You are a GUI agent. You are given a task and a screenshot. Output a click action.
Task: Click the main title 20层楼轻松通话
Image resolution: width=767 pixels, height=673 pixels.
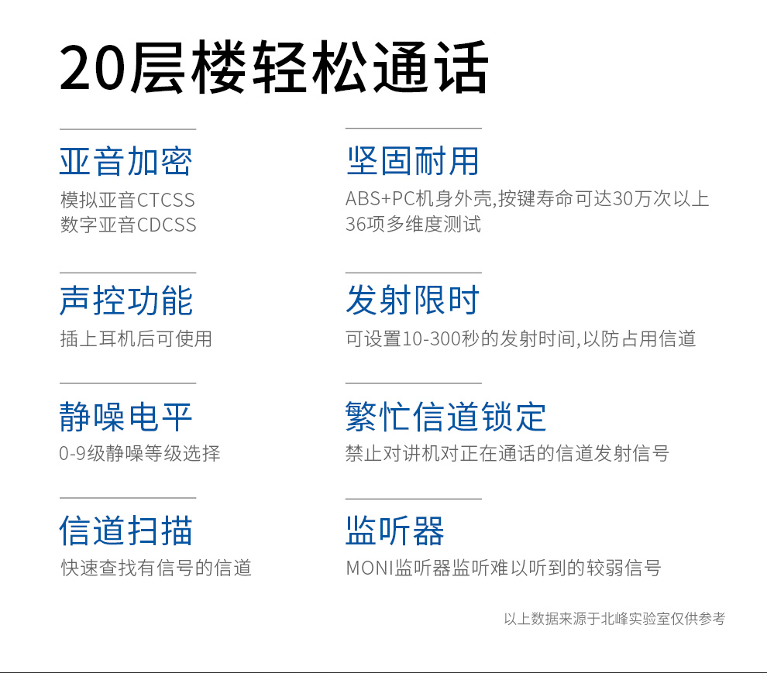tap(274, 67)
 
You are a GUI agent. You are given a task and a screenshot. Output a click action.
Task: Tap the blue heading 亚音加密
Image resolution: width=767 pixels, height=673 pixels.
tap(126, 161)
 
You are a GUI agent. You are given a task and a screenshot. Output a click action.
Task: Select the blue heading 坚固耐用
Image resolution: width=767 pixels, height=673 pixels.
tap(412, 161)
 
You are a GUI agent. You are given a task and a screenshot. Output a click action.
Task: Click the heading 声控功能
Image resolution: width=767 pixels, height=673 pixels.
tap(126, 300)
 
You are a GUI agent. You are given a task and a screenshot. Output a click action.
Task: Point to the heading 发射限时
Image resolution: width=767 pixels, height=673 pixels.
tap(412, 300)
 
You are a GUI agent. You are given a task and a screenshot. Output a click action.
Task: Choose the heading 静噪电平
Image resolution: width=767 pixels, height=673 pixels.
tap(126, 417)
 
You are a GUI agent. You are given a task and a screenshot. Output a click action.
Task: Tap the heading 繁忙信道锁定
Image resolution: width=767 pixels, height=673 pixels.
tap(445, 417)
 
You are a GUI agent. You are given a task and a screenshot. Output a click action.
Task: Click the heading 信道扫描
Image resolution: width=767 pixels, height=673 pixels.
tap(126, 531)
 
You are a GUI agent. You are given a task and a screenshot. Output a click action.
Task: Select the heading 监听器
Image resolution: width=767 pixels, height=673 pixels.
tap(395, 531)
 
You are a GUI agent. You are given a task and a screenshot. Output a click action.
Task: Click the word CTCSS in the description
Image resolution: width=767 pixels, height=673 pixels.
tap(166, 200)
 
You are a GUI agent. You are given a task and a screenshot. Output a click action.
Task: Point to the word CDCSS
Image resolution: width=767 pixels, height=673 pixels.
tap(167, 225)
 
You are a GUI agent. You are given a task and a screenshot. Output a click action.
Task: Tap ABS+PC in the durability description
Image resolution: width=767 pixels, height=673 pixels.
tap(380, 198)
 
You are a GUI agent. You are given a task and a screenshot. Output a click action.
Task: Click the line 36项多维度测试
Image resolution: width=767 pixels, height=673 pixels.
tap(414, 224)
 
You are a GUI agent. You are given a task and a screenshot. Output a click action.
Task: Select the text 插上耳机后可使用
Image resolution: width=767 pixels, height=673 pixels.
tap(136, 338)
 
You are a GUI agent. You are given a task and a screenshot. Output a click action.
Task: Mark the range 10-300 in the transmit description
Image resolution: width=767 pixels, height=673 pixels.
tap(431, 338)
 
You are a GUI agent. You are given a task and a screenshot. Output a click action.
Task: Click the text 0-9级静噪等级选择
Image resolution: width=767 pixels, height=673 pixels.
tap(139, 453)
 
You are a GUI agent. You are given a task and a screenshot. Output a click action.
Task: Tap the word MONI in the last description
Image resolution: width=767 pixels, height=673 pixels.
tap(370, 568)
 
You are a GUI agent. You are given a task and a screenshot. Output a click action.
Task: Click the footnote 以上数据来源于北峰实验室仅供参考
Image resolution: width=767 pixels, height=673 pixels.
tap(614, 619)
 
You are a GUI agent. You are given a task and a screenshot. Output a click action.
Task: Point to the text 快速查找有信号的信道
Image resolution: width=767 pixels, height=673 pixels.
tap(156, 568)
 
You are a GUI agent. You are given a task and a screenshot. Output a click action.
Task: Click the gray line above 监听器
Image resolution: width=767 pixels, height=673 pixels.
tap(414, 499)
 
